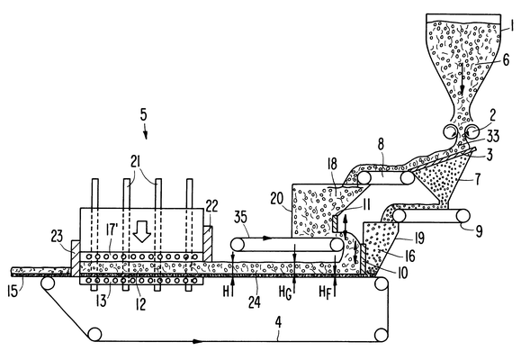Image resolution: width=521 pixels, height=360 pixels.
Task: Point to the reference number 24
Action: click(254, 302)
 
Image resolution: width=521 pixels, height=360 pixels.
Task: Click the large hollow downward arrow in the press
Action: click(142, 235)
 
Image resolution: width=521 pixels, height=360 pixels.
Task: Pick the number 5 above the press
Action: click(144, 114)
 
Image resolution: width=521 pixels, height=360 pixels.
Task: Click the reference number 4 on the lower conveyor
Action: click(278, 322)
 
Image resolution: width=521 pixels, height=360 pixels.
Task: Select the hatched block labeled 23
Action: click(76, 257)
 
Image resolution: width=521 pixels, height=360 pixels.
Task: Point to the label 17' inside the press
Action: click(112, 230)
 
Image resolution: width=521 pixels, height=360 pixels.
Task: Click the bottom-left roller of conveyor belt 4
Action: click(94, 334)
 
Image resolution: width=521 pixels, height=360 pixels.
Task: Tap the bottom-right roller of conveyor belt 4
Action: click(382, 335)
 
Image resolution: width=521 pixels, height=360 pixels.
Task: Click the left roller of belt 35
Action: click(237, 245)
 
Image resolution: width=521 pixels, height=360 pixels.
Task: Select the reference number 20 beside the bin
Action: click(277, 199)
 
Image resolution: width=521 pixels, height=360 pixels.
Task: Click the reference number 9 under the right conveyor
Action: click(479, 231)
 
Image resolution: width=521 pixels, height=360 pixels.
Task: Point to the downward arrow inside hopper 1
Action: click(463, 78)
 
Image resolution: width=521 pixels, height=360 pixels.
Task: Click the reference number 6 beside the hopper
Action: click(506, 59)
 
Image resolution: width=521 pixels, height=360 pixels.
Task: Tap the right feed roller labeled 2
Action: click(472, 130)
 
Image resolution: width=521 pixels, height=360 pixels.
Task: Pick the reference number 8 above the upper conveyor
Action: click(381, 144)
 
